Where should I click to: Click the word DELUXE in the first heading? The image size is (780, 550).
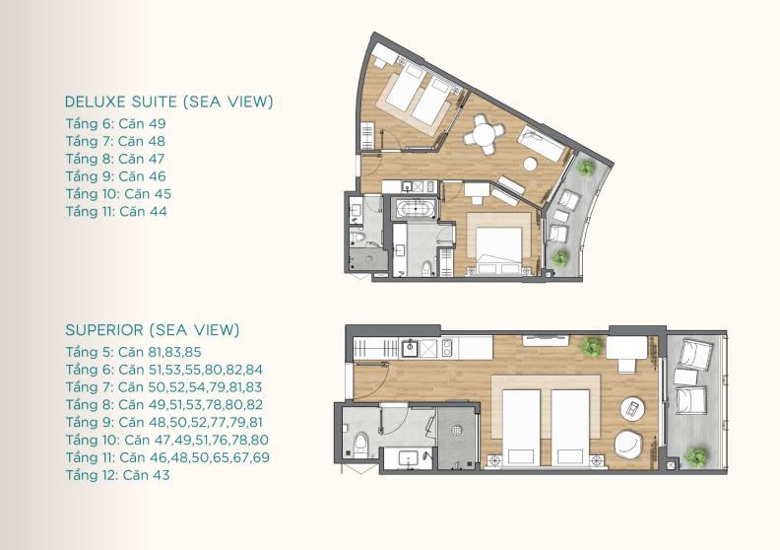tap(97, 102)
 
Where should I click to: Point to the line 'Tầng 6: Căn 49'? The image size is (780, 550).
tap(115, 124)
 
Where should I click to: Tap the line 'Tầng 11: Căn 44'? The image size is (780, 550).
tap(116, 212)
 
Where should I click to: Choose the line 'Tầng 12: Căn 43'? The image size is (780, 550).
tap(117, 475)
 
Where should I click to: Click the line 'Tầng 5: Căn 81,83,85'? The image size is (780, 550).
tap(133, 353)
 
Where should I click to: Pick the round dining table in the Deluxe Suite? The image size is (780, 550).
tap(483, 134)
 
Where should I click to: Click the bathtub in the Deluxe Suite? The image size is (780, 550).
tap(416, 209)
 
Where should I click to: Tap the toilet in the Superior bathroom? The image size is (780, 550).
tap(361, 444)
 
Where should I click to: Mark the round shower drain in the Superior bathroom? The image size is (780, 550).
tap(457, 430)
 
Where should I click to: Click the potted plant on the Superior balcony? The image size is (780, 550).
tap(695, 456)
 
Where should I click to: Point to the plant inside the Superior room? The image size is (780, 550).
tap(591, 346)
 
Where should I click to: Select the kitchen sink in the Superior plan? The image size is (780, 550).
tap(411, 348)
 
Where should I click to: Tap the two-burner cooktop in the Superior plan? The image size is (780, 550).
tap(447, 348)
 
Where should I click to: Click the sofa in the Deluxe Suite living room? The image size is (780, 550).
tap(541, 144)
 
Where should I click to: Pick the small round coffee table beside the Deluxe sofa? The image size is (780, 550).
tap(530, 165)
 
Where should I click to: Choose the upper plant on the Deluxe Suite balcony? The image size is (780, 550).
tap(586, 169)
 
